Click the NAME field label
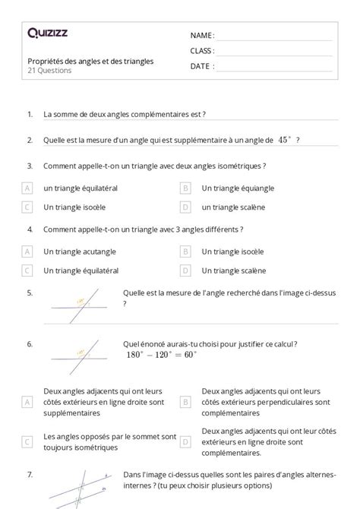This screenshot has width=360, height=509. coord(201,35)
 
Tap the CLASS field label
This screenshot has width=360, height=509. coord(202,51)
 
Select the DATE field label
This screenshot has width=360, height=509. coord(201,66)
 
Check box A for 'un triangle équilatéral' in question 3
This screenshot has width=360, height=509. coord(27,188)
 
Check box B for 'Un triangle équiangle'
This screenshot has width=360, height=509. coord(185,188)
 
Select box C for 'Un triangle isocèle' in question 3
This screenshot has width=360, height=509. coord(27,207)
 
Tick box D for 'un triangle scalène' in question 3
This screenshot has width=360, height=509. coord(185,207)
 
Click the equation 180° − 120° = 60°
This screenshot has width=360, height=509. coord(161,354)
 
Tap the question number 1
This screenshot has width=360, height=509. coord(30,115)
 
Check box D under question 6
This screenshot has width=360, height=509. coord(185,441)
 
